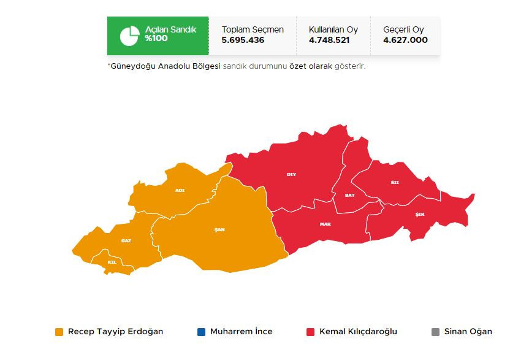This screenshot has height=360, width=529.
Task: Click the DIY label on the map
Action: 291,174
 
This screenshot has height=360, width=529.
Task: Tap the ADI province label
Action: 180,190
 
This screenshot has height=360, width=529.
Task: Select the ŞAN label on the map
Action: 219,229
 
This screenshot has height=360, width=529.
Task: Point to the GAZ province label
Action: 126,240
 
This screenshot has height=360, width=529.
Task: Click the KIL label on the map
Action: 112,262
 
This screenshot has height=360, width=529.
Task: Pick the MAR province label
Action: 325,224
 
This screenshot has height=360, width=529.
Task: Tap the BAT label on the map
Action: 349,195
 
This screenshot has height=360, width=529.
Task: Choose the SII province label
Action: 395,182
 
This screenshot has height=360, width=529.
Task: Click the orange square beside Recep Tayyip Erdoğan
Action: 59,332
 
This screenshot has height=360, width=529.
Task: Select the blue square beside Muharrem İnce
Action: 202,332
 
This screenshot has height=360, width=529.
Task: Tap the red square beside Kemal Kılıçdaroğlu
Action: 311,332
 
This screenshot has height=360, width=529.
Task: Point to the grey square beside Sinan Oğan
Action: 435,332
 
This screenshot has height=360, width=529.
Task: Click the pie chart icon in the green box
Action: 129,36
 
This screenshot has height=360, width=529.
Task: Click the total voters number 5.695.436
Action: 243,40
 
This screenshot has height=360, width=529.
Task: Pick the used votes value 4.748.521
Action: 330,40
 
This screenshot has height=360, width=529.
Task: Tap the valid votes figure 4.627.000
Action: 405,40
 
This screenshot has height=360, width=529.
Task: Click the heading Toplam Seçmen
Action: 253,29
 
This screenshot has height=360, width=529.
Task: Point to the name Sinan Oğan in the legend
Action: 468,332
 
